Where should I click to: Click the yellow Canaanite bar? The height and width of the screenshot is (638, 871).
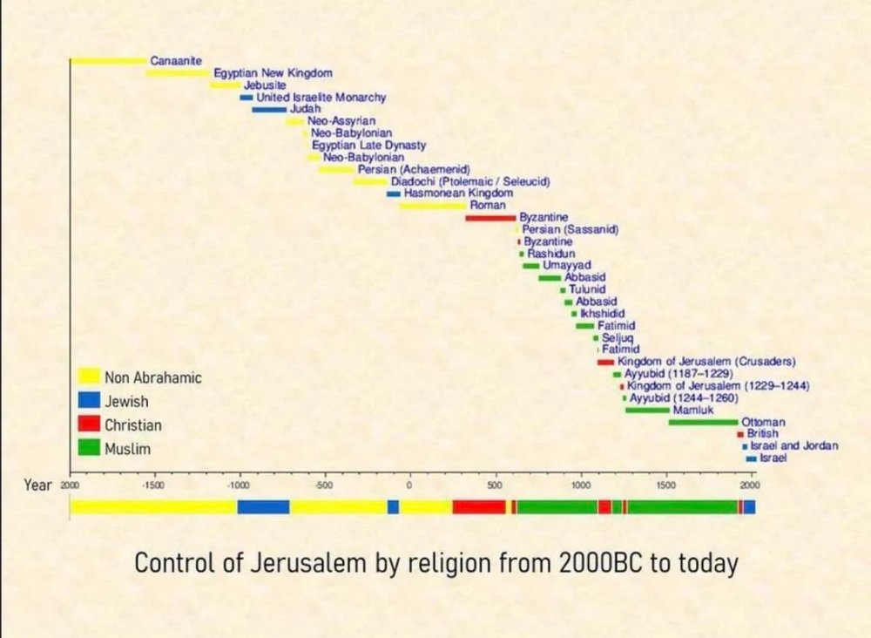pos(109,61)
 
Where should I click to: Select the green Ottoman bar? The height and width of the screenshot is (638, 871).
pos(703,422)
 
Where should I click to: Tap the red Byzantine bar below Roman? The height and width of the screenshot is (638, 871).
pos(490,217)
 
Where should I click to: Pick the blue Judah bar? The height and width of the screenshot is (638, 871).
pos(269,110)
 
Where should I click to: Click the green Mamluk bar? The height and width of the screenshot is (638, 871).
pos(647,410)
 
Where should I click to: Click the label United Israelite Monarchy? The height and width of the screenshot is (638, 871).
pos(321,98)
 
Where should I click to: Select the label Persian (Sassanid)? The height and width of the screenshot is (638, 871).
pos(571,228)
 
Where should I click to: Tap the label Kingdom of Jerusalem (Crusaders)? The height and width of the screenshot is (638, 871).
pos(706,361)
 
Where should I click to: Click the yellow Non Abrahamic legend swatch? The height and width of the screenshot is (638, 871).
pos(89,377)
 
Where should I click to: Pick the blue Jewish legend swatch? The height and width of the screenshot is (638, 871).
pos(89,401)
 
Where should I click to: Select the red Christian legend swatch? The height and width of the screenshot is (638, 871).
pos(89,424)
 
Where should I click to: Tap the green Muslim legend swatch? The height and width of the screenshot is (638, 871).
pos(89,448)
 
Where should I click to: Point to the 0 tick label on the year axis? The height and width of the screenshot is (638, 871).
pos(409,485)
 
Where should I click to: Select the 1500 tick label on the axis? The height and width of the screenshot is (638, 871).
pos(666,485)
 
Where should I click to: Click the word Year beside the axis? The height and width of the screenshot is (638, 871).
pos(38,485)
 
